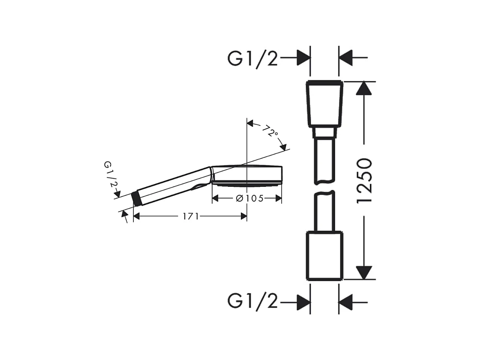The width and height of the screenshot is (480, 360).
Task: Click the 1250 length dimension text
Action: click(364, 180)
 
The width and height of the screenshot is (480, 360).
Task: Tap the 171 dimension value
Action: click(190, 216)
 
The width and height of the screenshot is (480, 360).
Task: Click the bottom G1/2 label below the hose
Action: click(253, 302)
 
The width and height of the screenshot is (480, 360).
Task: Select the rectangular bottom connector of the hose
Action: click(324, 255)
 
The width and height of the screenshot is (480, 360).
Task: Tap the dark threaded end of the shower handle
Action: click(137, 198)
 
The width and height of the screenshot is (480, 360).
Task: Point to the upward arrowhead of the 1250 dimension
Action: click(364, 88)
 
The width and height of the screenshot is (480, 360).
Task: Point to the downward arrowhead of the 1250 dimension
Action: click(364, 273)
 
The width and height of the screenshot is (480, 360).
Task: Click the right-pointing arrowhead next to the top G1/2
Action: click(303, 57)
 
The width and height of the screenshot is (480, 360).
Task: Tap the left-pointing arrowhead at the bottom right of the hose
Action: click(345, 302)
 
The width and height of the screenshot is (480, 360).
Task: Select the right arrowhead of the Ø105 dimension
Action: click(278, 198)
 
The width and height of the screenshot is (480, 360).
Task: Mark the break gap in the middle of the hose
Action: click(324, 188)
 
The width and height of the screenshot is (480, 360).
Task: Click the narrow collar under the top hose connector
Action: click(324, 132)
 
